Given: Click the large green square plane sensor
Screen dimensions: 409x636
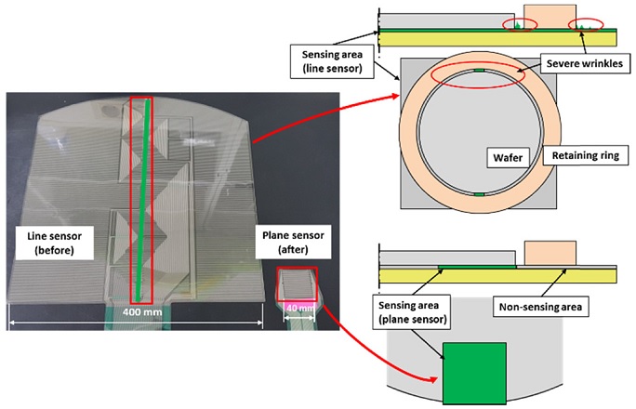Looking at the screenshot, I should tap(474, 374).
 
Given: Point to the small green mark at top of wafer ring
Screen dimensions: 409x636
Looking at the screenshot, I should tap(480, 71).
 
